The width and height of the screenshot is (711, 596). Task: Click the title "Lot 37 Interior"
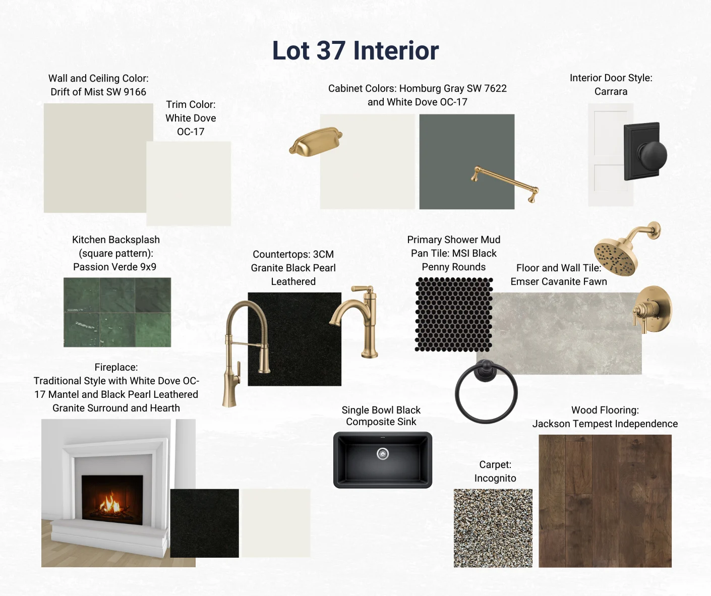355,50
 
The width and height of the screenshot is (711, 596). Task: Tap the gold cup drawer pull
316,141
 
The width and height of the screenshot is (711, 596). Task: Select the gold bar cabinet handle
505,184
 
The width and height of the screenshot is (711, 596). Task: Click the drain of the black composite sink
382,454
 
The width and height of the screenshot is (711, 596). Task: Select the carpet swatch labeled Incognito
493,528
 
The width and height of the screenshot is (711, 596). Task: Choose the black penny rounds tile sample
454,314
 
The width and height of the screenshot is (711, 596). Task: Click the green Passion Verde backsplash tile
117,312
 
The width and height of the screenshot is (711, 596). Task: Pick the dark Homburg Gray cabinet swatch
467,162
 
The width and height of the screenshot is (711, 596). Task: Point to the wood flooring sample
605,501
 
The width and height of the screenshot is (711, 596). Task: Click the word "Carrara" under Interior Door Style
611,91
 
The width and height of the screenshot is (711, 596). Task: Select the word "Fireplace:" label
116,367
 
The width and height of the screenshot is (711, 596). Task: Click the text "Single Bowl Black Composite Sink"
381,416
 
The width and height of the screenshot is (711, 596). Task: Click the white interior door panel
611,155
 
